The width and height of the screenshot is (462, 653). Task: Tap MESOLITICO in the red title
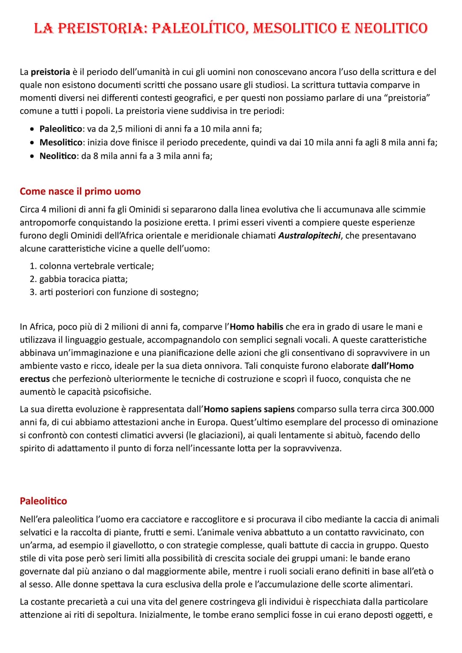(x=294, y=28)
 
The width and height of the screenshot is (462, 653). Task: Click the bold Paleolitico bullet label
(x=60, y=129)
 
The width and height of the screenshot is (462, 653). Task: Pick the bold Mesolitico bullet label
(x=60, y=142)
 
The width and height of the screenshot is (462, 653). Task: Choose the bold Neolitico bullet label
(x=58, y=156)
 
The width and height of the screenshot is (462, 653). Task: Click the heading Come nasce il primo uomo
(x=80, y=191)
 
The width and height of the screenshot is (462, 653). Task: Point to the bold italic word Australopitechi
(x=309, y=236)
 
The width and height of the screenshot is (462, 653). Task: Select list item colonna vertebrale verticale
(x=96, y=266)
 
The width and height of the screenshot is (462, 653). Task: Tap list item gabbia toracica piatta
(x=83, y=279)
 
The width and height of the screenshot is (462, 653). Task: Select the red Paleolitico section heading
(x=43, y=501)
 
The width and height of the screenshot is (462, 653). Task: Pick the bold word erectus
(x=35, y=379)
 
